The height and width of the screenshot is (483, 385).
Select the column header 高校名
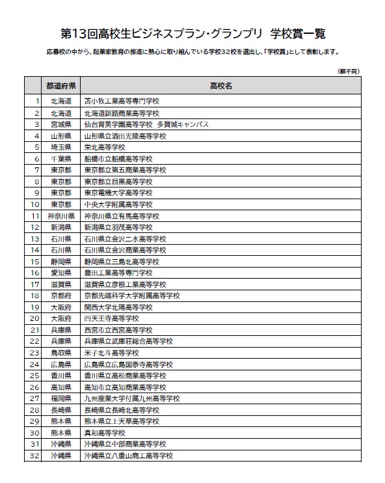point(221,86)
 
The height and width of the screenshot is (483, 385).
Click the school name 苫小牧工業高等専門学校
point(122,101)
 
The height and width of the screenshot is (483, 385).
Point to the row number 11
point(36,215)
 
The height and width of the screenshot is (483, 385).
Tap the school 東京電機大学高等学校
point(118,193)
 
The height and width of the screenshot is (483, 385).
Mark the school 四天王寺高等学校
point(111,318)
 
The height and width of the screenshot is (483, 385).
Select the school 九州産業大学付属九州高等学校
point(132,398)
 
